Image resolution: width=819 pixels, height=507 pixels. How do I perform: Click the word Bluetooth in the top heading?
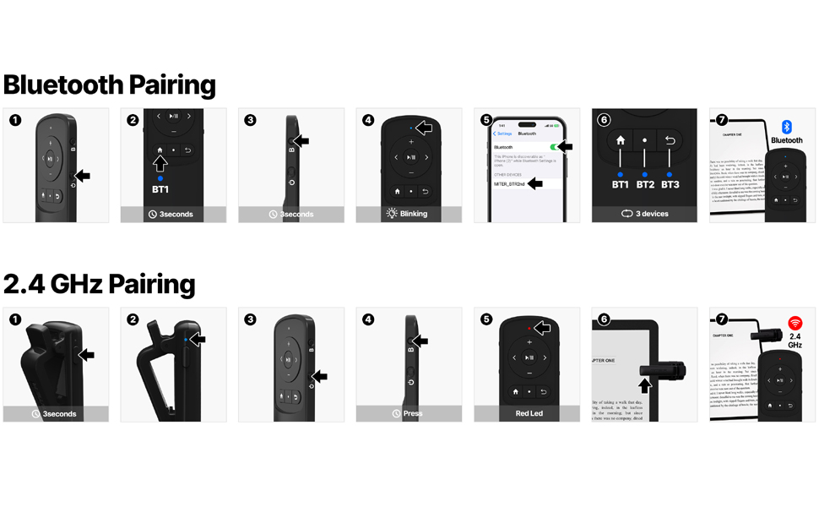(64, 85)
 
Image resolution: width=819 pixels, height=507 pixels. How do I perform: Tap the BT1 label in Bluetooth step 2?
(160, 190)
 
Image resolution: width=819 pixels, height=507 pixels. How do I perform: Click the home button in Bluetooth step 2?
(160, 150)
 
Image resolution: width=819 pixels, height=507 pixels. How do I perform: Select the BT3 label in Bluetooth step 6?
(670, 184)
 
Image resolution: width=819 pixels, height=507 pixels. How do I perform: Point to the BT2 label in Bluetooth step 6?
(645, 184)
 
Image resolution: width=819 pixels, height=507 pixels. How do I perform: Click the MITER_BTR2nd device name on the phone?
(508, 183)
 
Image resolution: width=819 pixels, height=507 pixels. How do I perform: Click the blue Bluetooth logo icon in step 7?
(787, 127)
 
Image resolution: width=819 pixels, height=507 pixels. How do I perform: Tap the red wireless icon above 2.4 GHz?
(795, 324)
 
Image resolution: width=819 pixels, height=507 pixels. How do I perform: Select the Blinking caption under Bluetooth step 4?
(413, 214)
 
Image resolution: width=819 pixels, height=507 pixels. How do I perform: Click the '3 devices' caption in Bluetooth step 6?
(651, 214)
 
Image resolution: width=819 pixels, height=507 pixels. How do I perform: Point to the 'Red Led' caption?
(529, 413)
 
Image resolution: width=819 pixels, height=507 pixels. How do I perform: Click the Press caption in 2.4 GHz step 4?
(413, 413)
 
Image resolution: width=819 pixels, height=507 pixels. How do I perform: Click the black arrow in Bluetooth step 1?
(82, 176)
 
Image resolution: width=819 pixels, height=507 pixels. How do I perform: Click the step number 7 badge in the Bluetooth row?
(721, 120)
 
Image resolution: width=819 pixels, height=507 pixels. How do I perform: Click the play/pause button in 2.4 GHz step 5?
(529, 357)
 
